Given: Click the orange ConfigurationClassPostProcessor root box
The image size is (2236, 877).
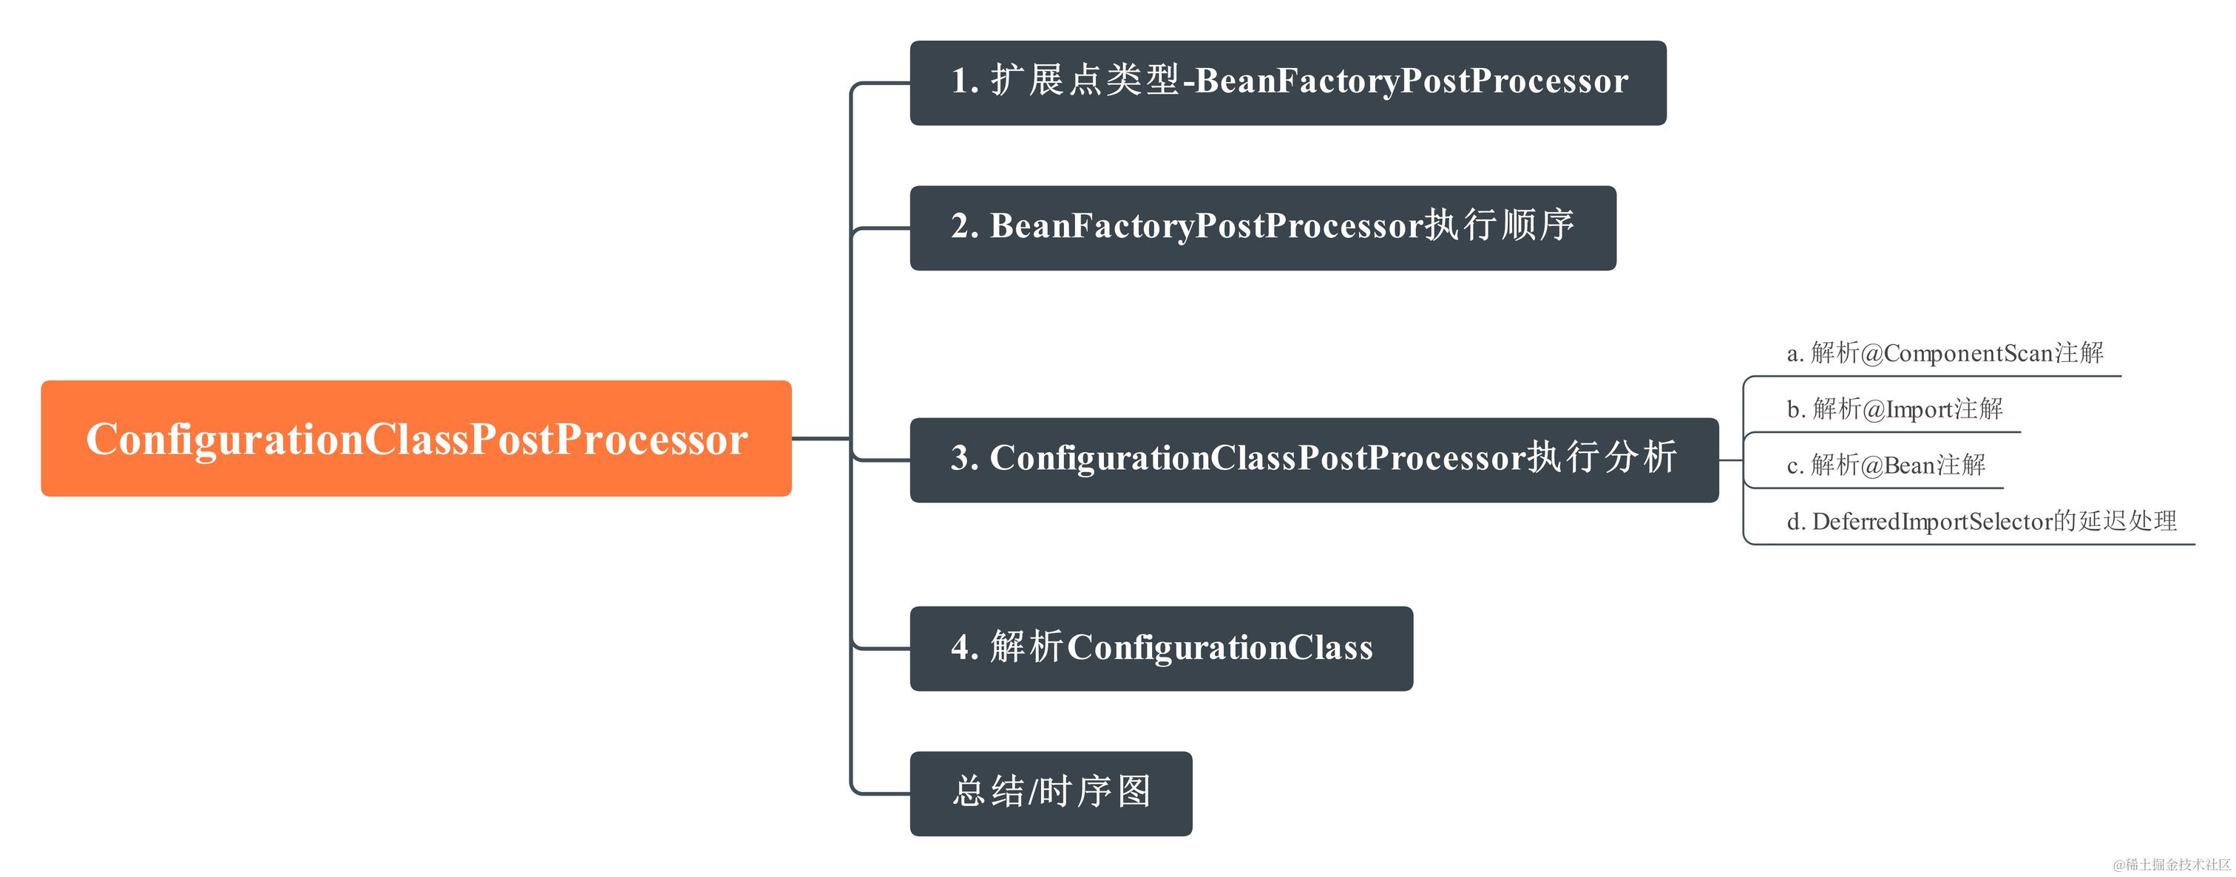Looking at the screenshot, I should pos(416,438).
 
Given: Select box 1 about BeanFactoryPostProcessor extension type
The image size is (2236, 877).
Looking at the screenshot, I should pos(1287,83).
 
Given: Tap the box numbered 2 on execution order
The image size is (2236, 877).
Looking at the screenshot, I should pos(1262,228).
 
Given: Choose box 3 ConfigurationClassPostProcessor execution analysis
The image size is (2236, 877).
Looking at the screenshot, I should pos(1313,460).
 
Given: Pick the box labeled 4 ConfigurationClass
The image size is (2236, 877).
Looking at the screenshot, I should pos(1161,648).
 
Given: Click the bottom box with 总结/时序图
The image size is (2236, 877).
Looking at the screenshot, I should pos(1050,793).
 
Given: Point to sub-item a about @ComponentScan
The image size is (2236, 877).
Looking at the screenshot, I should pos(1945,353).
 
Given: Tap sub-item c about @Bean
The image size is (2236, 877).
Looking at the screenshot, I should pos(1886,465).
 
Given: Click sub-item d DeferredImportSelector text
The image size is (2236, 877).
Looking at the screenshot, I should pos(1981,522).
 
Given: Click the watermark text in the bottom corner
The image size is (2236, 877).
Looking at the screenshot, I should pos(2171,864).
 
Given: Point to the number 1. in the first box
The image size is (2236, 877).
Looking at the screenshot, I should pos(964,81).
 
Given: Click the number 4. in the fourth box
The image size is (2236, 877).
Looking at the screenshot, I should pos(964,648).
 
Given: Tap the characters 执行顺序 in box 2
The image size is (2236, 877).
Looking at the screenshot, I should pos(1499,225).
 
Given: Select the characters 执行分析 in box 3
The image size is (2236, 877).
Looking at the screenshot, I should pos(1602,457).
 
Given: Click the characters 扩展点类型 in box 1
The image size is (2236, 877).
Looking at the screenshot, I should pos(1085,81).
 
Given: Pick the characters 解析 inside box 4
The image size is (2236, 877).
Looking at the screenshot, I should pos(1026,647).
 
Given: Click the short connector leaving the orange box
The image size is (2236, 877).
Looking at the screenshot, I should pos(819,439).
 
